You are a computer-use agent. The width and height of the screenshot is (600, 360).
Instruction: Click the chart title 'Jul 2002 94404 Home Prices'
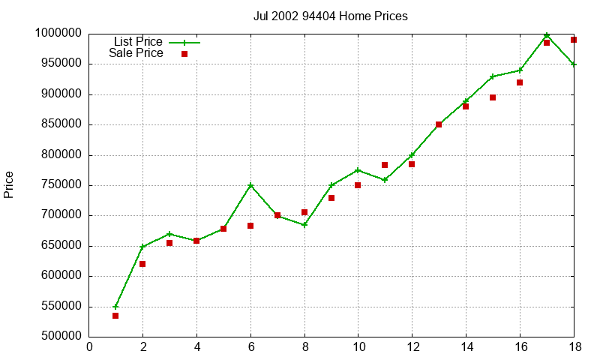click(330, 16)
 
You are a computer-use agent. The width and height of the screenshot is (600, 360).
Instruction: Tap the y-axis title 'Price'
click(9, 184)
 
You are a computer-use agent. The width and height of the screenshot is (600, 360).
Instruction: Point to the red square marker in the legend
click(184, 54)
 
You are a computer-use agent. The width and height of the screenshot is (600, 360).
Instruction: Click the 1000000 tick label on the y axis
click(57, 33)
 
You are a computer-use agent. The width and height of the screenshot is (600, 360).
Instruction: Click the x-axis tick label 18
click(573, 346)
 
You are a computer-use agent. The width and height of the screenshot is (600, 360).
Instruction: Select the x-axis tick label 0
click(89, 346)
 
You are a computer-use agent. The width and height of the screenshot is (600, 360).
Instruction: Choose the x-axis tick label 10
click(358, 346)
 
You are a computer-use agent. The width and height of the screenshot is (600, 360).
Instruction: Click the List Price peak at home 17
click(547, 35)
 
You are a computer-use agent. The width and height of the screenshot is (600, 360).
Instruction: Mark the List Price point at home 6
click(250, 185)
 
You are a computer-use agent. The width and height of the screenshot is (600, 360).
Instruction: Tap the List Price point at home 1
click(115, 307)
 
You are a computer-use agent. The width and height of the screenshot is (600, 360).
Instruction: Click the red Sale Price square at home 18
click(574, 40)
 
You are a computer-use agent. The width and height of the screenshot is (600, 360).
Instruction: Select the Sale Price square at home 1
click(115, 316)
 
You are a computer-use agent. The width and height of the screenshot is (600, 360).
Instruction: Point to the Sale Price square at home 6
click(250, 226)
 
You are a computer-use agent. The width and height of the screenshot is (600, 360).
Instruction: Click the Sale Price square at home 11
click(385, 165)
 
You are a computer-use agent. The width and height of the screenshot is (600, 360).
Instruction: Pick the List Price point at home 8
click(304, 225)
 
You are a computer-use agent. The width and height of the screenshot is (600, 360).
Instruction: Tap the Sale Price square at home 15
click(493, 97)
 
